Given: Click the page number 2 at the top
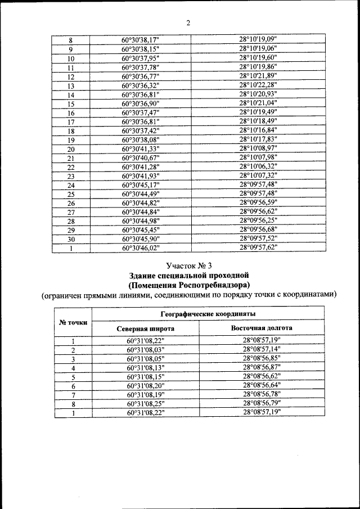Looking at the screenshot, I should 188,22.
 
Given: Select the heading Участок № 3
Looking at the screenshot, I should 189,265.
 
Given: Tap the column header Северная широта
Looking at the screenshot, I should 145,328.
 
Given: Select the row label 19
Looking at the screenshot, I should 71,139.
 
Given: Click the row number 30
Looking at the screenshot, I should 71,238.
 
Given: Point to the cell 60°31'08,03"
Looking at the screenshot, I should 145,349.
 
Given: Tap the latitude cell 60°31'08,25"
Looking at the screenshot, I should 145,403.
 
